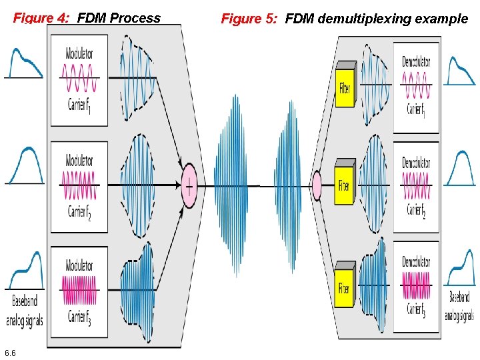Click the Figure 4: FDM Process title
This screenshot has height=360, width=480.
87,18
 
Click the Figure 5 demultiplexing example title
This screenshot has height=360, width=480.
344,19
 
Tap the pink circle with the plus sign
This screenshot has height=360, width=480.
189,185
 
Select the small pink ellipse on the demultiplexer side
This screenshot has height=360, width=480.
317,184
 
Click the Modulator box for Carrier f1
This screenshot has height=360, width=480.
79,80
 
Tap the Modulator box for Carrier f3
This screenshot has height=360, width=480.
79,290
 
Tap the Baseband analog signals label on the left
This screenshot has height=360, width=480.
24,310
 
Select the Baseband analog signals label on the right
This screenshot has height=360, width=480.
459,306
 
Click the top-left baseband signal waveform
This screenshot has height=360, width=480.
25,63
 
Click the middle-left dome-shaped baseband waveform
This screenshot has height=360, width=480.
25,167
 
